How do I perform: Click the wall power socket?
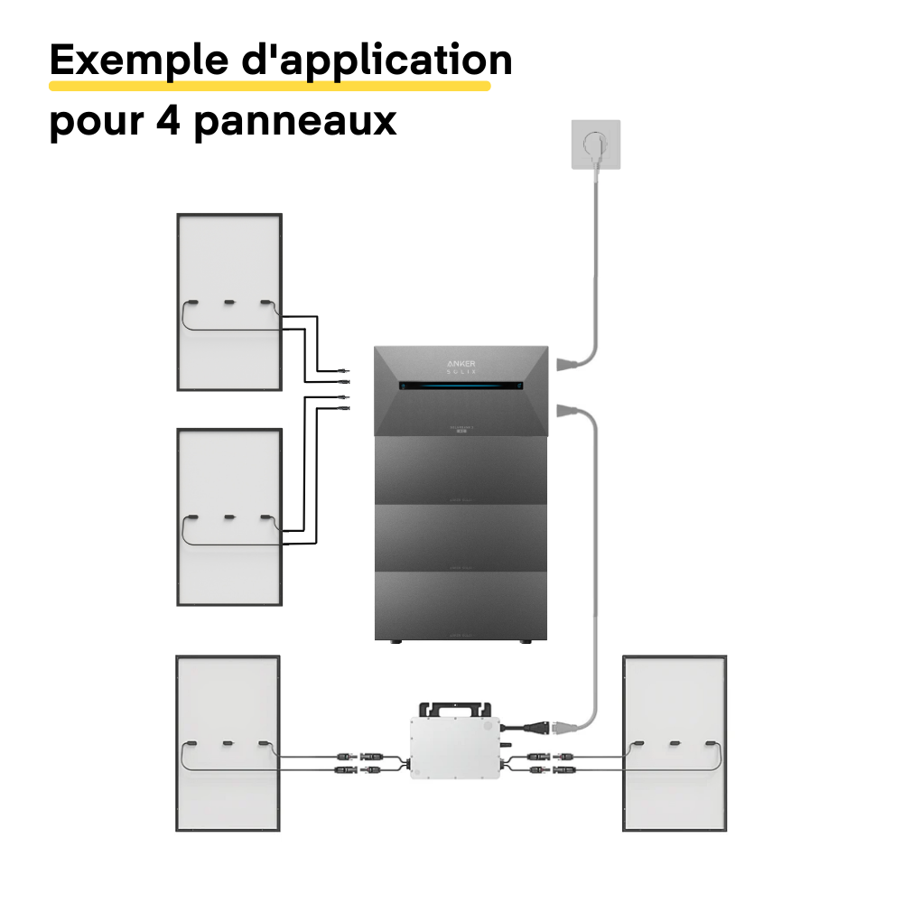[593, 145]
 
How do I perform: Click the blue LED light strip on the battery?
[461, 386]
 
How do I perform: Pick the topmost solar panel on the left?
[229, 302]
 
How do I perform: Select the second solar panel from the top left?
[229, 517]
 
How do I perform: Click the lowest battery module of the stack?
[461, 606]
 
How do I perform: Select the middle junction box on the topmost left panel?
[229, 303]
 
